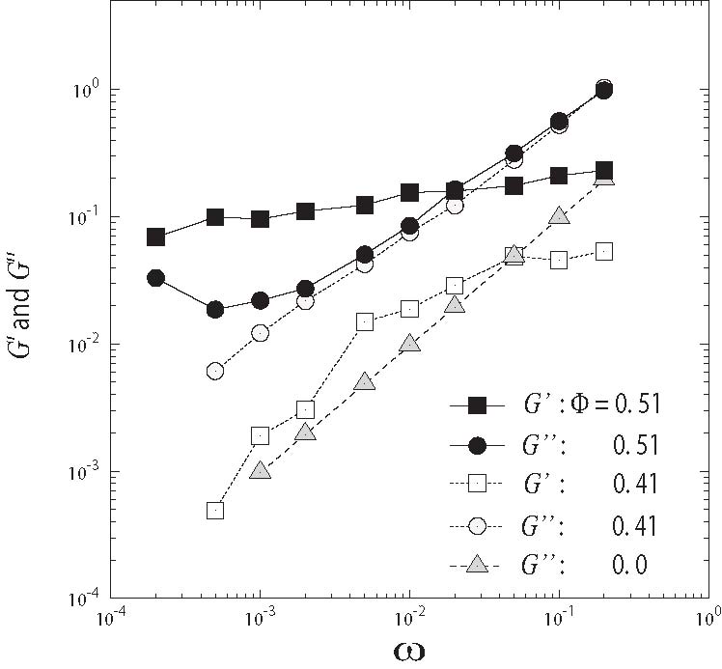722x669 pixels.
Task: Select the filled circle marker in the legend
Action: (x=475, y=445)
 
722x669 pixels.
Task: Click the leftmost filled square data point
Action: (x=155, y=237)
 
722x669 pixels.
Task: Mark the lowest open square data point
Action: (x=215, y=510)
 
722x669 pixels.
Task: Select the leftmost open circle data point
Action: (x=215, y=371)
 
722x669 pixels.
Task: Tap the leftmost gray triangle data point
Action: (x=260, y=470)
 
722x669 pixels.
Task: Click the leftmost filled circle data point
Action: (x=155, y=278)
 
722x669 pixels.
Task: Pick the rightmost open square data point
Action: (x=604, y=251)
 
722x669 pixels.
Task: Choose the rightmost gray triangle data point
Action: (x=604, y=177)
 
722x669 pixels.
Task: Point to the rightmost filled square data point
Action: (x=604, y=170)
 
